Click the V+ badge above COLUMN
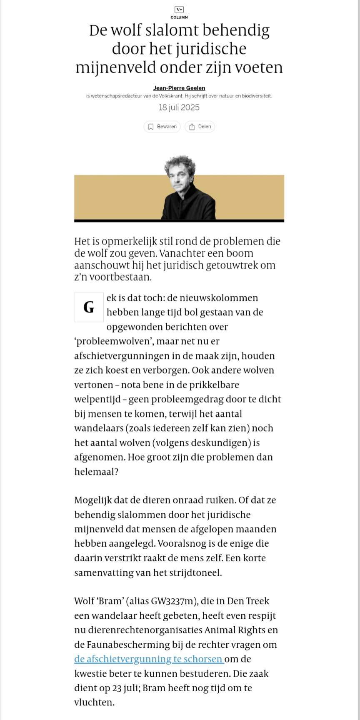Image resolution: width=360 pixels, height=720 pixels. [x=179, y=10]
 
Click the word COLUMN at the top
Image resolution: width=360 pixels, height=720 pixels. [x=179, y=17]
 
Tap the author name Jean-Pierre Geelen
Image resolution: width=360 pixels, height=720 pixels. [x=179, y=88]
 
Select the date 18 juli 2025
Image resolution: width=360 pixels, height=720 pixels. [x=179, y=107]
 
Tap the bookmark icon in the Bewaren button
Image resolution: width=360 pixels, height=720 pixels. [x=151, y=127]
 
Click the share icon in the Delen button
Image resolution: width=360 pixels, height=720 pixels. [x=192, y=127]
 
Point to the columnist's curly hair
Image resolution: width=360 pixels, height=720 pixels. [x=180, y=163]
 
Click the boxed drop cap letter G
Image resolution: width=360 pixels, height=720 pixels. [x=89, y=307]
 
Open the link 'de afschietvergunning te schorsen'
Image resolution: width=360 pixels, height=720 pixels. [x=149, y=659]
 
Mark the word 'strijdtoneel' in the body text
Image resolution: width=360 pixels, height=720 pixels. [x=195, y=572]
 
